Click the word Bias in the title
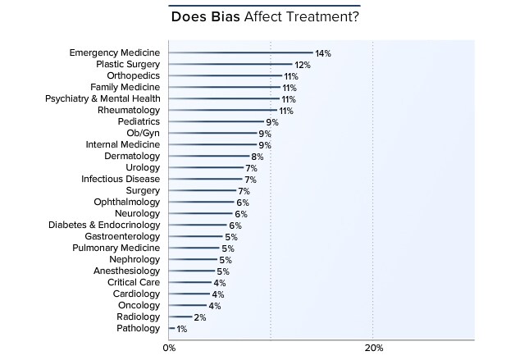click(x=225, y=17)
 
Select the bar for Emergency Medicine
click(x=240, y=53)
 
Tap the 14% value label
click(x=322, y=53)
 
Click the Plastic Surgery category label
click(x=128, y=65)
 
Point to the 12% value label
click(x=302, y=65)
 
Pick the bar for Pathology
click(x=171, y=329)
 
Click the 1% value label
click(x=182, y=329)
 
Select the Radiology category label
click(x=139, y=317)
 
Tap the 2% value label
click(x=199, y=317)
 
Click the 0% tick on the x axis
click(x=169, y=349)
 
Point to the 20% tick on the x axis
click(x=373, y=349)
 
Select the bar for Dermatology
click(x=209, y=157)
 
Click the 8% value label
click(x=257, y=157)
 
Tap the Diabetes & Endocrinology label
click(x=104, y=226)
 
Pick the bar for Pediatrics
click(x=215, y=122)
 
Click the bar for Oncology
click(x=189, y=306)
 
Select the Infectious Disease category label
click(x=121, y=180)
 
